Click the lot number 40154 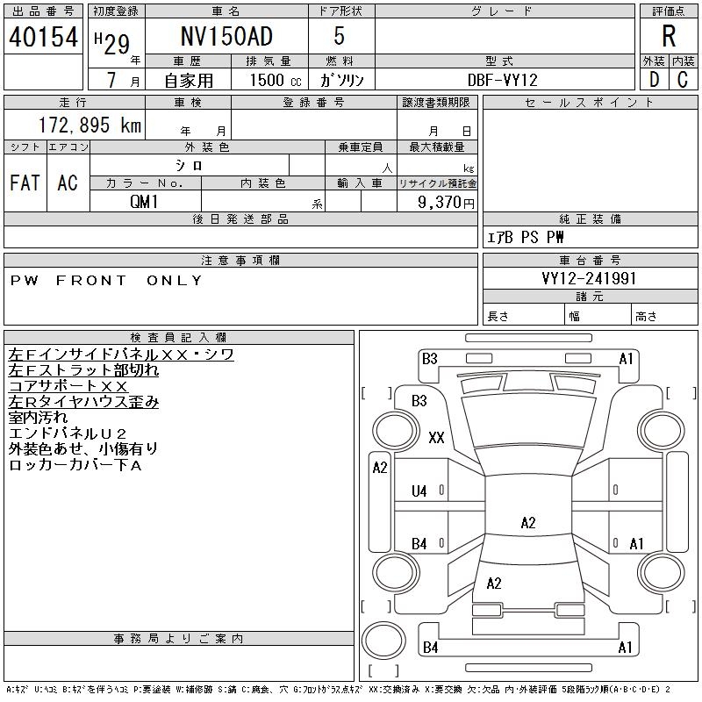click(44, 37)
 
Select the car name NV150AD click(226, 37)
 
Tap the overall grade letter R click(669, 37)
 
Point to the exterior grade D click(654, 79)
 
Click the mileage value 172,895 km click(89, 125)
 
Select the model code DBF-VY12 click(504, 79)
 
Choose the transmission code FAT click(25, 183)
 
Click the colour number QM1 click(146, 201)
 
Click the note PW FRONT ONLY click(106, 281)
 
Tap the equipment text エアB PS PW click(526, 237)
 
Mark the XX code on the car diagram click(436, 438)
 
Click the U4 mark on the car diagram click(419, 491)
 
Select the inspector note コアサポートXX click(68, 386)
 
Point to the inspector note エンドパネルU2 click(68, 433)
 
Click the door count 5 click(340, 37)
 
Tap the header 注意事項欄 click(240, 260)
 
